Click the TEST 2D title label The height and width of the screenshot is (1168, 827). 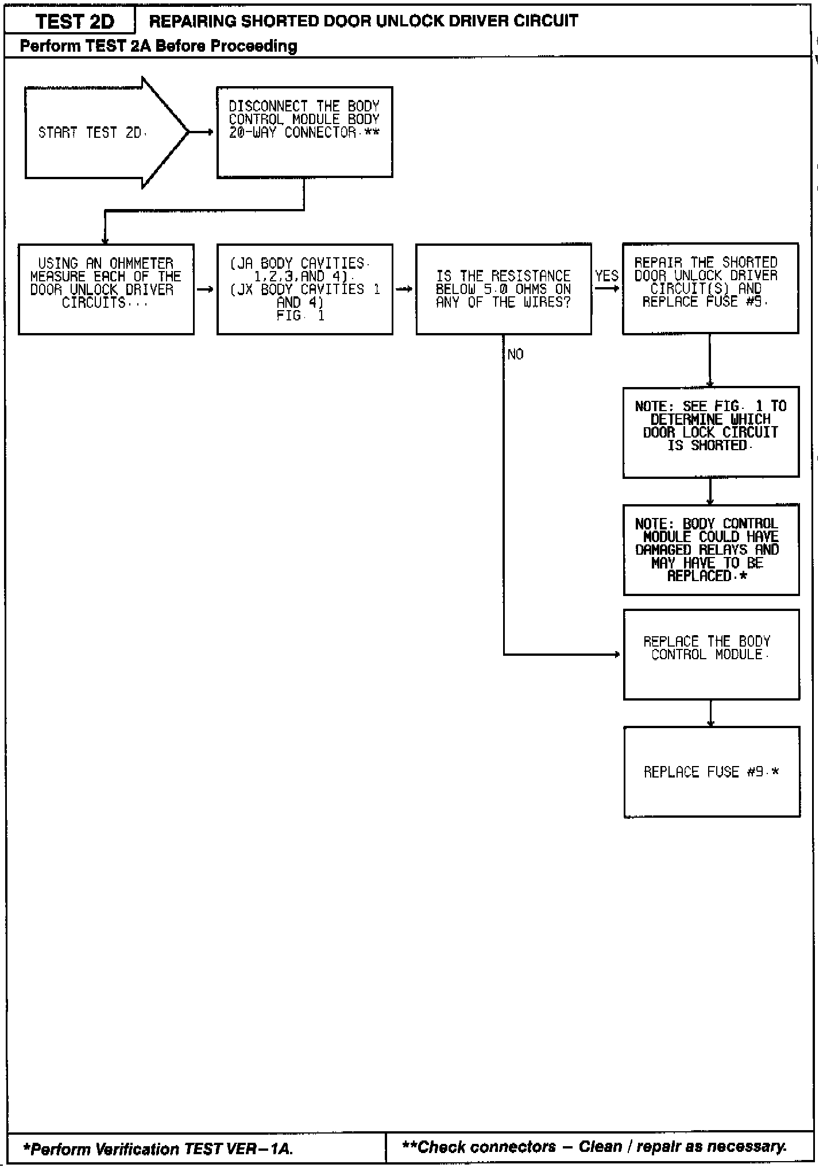click(x=75, y=22)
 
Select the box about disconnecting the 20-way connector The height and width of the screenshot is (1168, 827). click(x=304, y=132)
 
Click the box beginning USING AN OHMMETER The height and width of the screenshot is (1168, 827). click(x=106, y=289)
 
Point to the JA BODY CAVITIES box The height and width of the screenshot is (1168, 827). click(x=304, y=289)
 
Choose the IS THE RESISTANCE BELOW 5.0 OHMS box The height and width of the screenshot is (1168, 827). click(x=503, y=289)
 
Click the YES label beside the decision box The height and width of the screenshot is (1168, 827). click(x=606, y=276)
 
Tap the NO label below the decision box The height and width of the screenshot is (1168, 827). click(x=515, y=355)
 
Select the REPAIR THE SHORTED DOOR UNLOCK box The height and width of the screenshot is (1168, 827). click(x=710, y=288)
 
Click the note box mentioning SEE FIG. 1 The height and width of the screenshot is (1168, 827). click(x=710, y=432)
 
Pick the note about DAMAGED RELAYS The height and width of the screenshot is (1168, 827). click(x=710, y=550)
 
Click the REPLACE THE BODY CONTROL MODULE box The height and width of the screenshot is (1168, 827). click(x=711, y=654)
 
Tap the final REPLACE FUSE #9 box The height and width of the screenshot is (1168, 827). click(x=712, y=772)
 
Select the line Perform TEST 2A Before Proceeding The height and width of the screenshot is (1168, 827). click(x=159, y=46)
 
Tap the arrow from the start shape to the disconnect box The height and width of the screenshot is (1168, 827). click(x=202, y=133)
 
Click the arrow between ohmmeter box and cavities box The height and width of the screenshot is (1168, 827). click(x=205, y=289)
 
